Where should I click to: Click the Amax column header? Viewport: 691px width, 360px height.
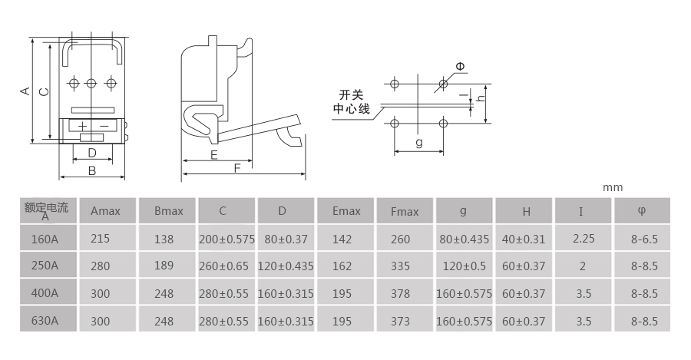pyautogui.click(x=105, y=211)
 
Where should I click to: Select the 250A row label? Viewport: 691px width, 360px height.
pyautogui.click(x=45, y=266)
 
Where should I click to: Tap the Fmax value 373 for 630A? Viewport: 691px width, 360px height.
pyautogui.click(x=400, y=321)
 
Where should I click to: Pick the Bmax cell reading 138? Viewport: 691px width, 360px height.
pyautogui.click(x=164, y=239)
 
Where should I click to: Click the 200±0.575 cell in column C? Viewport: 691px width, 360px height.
pyautogui.click(x=226, y=239)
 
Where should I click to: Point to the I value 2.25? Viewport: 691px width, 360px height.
pyautogui.click(x=584, y=239)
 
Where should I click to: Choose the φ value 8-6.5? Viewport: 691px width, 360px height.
pyautogui.click(x=644, y=239)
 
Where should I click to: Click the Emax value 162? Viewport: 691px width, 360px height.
pyautogui.click(x=342, y=266)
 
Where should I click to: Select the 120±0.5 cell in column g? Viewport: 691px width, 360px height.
pyautogui.click(x=464, y=266)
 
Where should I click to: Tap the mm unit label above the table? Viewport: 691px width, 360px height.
pyautogui.click(x=613, y=188)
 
